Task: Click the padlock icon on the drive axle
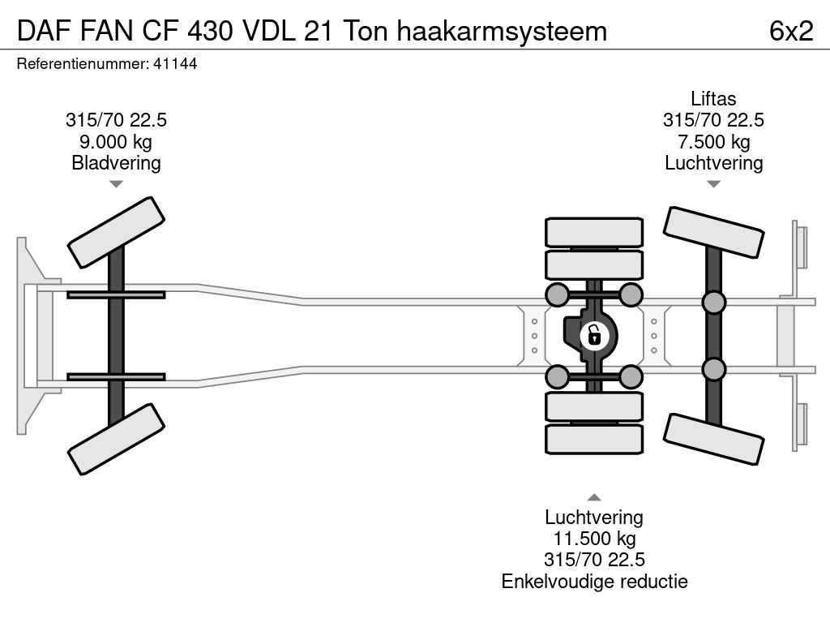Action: [x=594, y=335]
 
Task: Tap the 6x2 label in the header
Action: [x=791, y=31]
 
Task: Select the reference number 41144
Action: [x=175, y=63]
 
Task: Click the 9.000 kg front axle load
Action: [x=116, y=141]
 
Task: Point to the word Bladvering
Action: [x=116, y=162]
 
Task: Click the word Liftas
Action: [x=713, y=98]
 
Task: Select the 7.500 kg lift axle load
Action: [x=713, y=141]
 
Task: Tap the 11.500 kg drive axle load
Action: [x=594, y=539]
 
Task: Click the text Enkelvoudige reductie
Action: [x=594, y=581]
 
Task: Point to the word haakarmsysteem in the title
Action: [x=502, y=31]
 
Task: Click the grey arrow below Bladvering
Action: [x=116, y=184]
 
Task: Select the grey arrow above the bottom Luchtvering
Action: [x=594, y=497]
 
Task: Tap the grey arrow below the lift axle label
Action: [x=713, y=184]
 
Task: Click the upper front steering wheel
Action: [x=116, y=233]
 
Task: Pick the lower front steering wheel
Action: [x=116, y=439]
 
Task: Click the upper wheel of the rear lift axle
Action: [x=713, y=232]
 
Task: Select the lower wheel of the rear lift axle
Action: [x=713, y=439]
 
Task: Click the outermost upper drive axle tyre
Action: [x=594, y=232]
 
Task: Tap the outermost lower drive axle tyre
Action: [x=594, y=439]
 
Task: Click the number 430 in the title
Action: [x=210, y=31]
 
